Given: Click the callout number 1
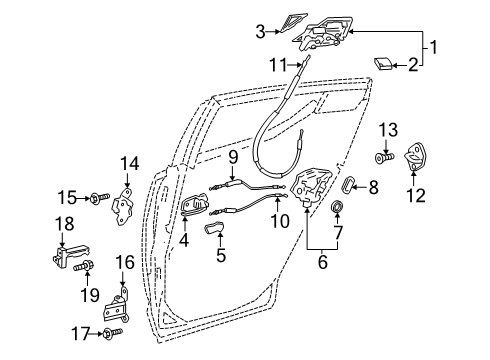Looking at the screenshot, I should click(435, 45).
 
